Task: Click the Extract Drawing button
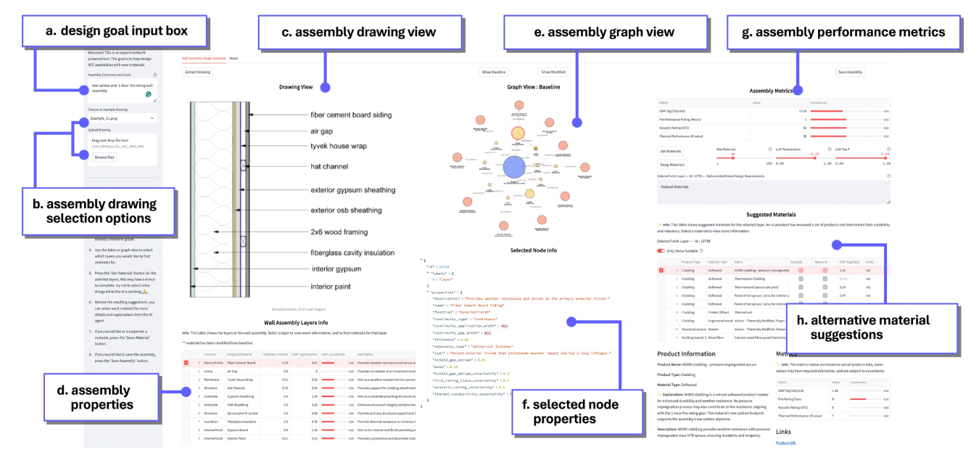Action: (197, 72)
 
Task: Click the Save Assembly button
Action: (850, 72)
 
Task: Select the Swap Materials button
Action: (671, 165)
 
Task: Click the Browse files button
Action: (105, 157)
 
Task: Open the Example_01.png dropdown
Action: (121, 117)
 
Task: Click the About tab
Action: (234, 57)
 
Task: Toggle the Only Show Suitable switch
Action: (661, 250)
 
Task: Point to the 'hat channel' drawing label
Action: (331, 166)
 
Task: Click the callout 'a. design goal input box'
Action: (106, 30)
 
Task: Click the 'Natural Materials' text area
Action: (773, 191)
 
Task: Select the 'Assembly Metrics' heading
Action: (773, 91)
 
